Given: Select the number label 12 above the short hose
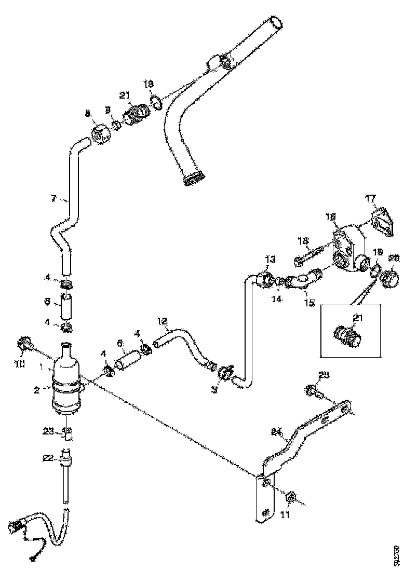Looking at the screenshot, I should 162,321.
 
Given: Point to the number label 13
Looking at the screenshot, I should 269,259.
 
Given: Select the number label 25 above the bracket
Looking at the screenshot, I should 324,374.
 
